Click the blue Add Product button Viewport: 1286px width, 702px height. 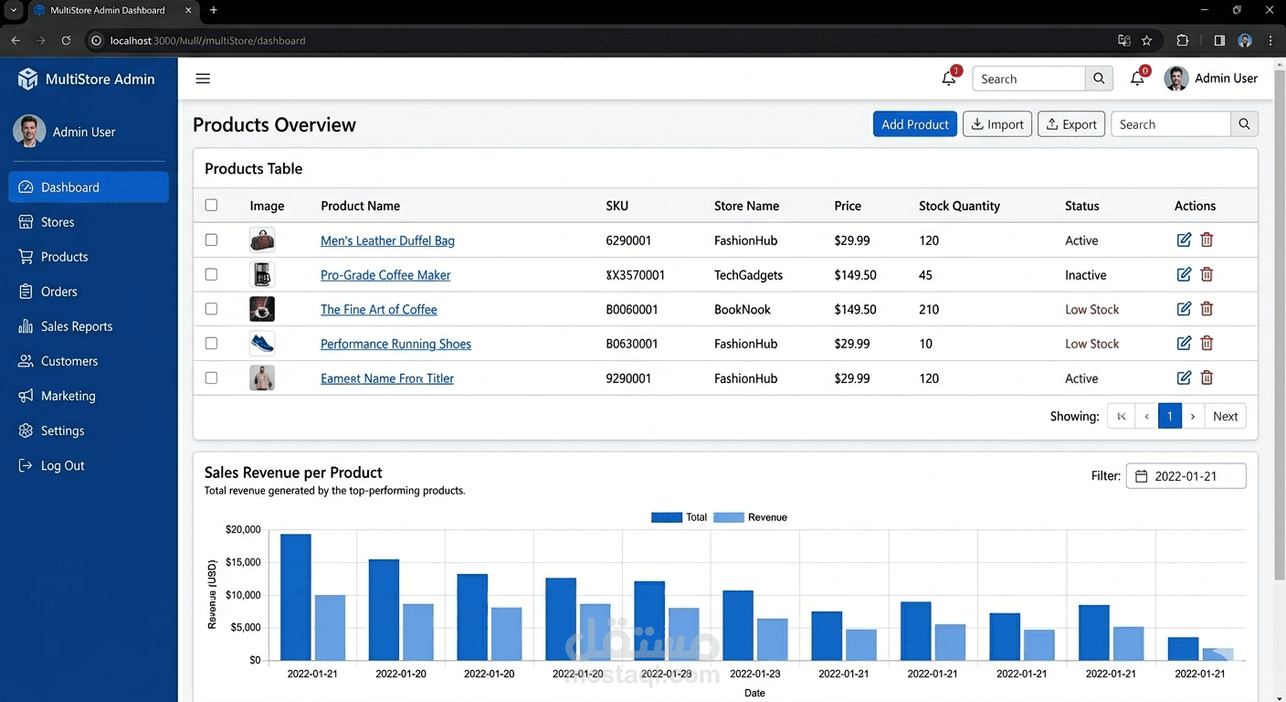(914, 124)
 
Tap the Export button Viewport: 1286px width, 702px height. (1070, 124)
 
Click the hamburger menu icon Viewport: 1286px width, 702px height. (203, 78)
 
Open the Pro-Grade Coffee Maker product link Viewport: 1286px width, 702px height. (385, 274)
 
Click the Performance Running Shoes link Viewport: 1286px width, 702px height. (395, 344)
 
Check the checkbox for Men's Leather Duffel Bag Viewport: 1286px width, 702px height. (211, 239)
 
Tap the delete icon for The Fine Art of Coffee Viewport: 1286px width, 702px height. (1207, 308)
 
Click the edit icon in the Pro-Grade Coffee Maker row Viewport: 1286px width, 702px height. (1184, 274)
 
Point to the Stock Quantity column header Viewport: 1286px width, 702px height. (959, 206)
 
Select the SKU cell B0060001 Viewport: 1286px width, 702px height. (631, 309)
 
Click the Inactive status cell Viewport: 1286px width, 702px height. (1086, 274)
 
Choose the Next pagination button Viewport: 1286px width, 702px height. (1225, 416)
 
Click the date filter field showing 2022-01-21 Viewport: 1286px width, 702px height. (1186, 475)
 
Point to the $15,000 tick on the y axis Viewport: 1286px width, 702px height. (243, 562)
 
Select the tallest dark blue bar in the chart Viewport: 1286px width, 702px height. (296, 597)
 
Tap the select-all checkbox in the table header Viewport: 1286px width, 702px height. (211, 205)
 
